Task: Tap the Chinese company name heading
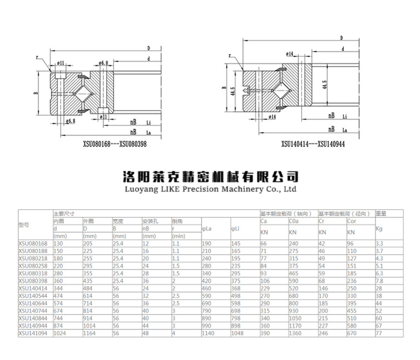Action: pos(210,176)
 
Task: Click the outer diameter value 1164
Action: pos(89,332)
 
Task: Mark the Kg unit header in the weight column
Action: pos(379,229)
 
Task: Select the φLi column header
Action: pos(235,229)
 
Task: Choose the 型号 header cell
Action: pos(24,224)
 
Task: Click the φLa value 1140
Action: pos(208,332)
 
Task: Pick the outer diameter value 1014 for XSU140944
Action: pos(89,325)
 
